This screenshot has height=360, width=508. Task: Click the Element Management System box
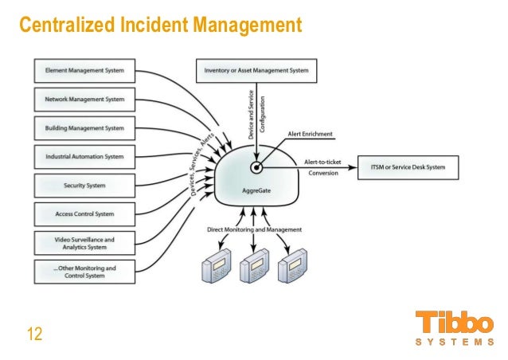(x=84, y=71)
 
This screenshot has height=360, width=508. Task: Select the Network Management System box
(x=84, y=100)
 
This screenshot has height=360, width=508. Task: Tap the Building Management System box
(x=84, y=128)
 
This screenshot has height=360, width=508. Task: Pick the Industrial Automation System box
(x=84, y=157)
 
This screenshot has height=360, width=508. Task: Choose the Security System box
(x=84, y=186)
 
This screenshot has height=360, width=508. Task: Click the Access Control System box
(x=84, y=213)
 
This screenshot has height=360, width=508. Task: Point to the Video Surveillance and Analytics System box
(x=84, y=242)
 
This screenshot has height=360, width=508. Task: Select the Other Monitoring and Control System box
(x=84, y=272)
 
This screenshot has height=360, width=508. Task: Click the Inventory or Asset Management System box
(x=256, y=71)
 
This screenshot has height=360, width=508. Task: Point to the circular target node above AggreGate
(x=256, y=167)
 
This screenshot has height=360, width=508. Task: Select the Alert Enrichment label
(x=311, y=135)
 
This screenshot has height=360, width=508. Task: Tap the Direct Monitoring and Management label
(x=255, y=229)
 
